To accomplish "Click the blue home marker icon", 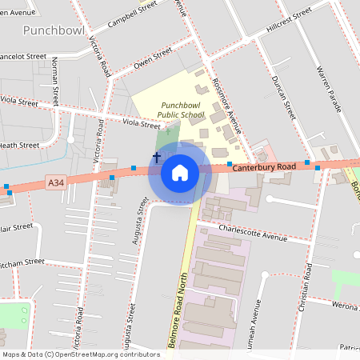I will coord(179,173).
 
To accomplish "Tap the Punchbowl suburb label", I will coord(54,30).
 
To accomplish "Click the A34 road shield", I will coord(55,183).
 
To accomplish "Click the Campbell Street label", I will coord(132,14).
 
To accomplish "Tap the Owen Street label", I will coord(153,57).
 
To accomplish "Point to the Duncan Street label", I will coord(283,98).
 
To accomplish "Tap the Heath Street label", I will coord(19,145).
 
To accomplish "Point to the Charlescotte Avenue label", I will coord(252,237).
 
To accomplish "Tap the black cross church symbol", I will coord(157,156).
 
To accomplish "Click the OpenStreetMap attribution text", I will coord(80,354).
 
